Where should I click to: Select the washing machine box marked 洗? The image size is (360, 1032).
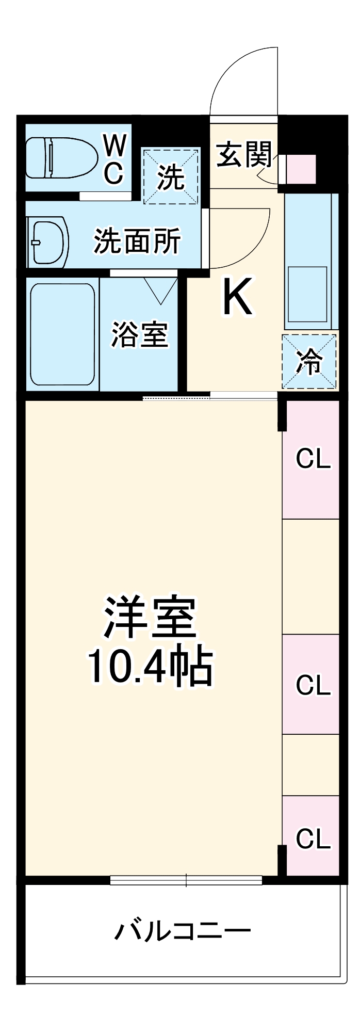tap(171, 177)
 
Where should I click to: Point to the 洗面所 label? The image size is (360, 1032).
tap(137, 241)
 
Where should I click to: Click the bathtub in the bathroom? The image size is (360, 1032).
tap(62, 335)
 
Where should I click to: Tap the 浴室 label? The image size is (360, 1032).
tap(140, 334)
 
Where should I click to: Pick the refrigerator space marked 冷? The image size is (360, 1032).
tap(309, 362)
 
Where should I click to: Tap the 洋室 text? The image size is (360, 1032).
tap(150, 618)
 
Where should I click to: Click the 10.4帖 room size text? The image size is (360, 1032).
tap(150, 667)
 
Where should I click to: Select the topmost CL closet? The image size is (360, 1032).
tap(313, 459)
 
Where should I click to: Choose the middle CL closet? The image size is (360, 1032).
tap(313, 685)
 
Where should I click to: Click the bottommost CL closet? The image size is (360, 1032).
tap(313, 838)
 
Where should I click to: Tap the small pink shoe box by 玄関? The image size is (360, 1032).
tap(301, 168)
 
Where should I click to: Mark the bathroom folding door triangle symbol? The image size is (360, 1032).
tap(161, 291)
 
